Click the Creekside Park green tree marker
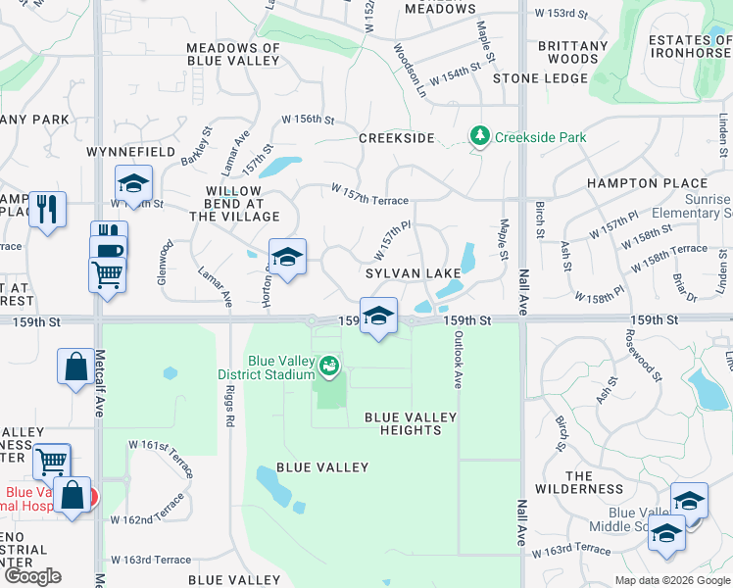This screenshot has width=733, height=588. [479, 136]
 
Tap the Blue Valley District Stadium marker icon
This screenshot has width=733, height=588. [330, 367]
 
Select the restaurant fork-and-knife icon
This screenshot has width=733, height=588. [47, 210]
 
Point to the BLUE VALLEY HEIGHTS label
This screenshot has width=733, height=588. [411, 424]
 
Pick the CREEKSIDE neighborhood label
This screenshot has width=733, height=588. [396, 138]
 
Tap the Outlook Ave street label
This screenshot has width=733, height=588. [457, 359]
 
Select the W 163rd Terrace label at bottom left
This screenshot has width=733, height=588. [151, 560]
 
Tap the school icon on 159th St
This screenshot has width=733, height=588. [378, 317]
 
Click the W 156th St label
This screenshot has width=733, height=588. [308, 120]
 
